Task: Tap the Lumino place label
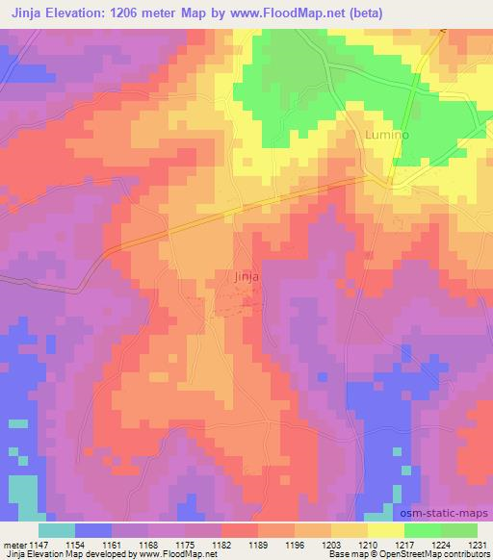click(x=387, y=136)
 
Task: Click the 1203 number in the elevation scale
click(x=330, y=546)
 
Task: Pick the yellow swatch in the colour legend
click(x=385, y=530)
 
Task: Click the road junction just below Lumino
click(x=389, y=180)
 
